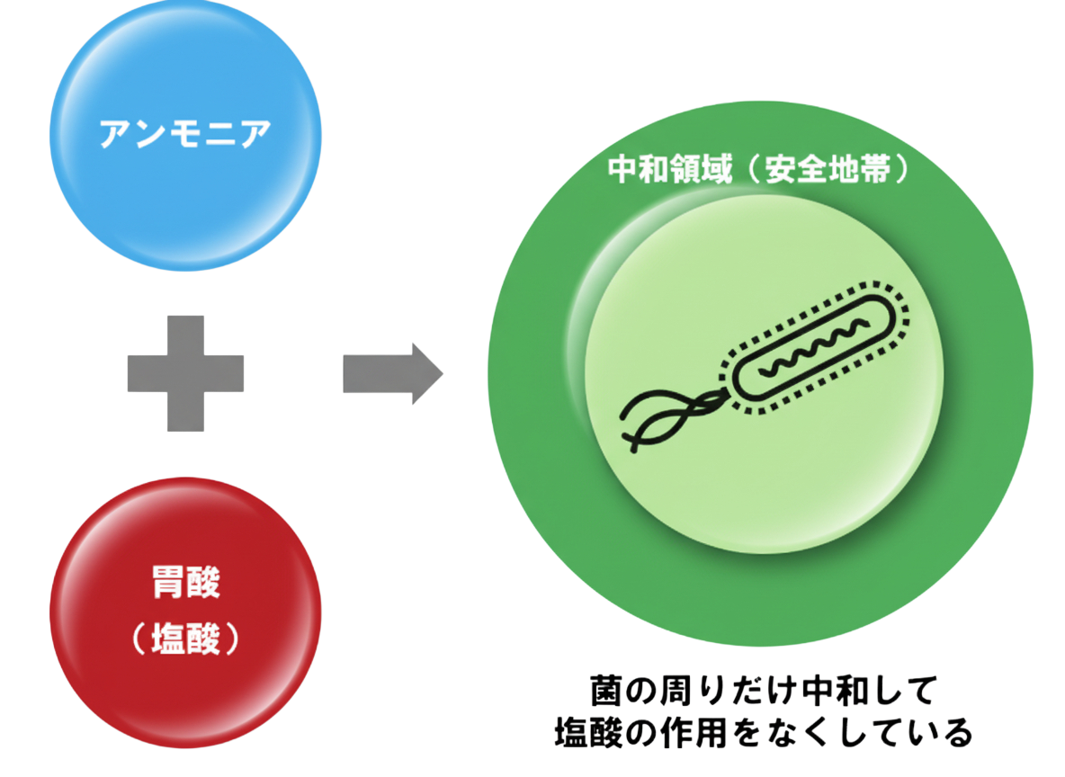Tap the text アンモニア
(185, 135)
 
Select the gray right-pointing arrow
(392, 372)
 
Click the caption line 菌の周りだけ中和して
(763, 692)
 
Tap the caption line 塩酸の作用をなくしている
(763, 732)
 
